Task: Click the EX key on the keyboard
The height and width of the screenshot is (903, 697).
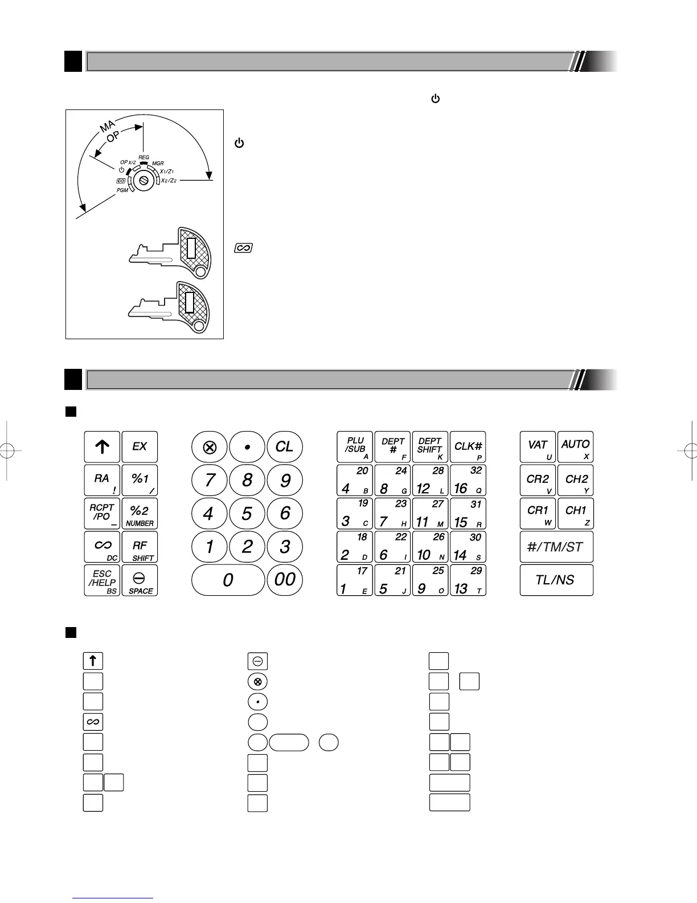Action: tap(140, 447)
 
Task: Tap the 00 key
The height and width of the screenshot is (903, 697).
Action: tap(285, 580)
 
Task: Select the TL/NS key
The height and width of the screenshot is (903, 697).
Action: tap(556, 580)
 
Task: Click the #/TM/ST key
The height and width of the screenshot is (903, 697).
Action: tap(556, 547)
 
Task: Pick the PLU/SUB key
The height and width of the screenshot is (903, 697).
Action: tap(355, 447)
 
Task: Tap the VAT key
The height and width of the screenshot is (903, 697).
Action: tap(538, 447)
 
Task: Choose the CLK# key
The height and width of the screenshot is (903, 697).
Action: tap(468, 447)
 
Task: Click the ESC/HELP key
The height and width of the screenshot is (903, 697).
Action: tap(102, 580)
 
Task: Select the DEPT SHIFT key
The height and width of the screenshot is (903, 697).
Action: tap(430, 447)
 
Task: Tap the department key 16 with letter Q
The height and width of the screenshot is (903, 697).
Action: tap(468, 480)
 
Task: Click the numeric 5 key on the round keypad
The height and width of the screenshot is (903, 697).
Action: tap(247, 514)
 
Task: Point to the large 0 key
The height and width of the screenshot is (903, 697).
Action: tap(228, 580)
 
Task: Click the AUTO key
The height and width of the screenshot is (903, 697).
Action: tap(575, 447)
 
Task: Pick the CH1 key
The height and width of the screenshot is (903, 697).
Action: tap(575, 513)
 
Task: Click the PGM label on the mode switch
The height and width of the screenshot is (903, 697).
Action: tap(122, 190)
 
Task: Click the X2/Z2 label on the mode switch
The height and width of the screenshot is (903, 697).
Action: tap(169, 181)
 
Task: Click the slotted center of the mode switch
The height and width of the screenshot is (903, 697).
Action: tap(143, 180)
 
